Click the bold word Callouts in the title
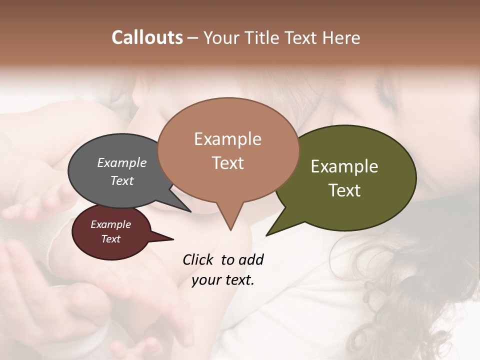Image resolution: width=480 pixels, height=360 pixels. pos(147,37)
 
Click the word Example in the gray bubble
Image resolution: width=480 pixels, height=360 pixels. pos(122,162)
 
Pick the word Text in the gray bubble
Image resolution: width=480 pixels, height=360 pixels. pos(122,180)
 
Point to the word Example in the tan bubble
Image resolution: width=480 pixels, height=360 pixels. pos(227,139)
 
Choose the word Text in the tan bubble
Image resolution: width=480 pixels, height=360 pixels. pos(228,163)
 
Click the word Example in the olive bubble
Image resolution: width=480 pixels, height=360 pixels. pos(344,166)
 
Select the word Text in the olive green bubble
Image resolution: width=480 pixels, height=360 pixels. pos(344,190)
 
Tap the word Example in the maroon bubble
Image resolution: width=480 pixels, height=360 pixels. pos(111,224)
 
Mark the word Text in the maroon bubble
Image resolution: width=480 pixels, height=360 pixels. pos(111,239)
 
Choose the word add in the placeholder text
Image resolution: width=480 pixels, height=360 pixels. pos(251,259)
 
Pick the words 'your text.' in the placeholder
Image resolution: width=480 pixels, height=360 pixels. pos(223,280)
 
